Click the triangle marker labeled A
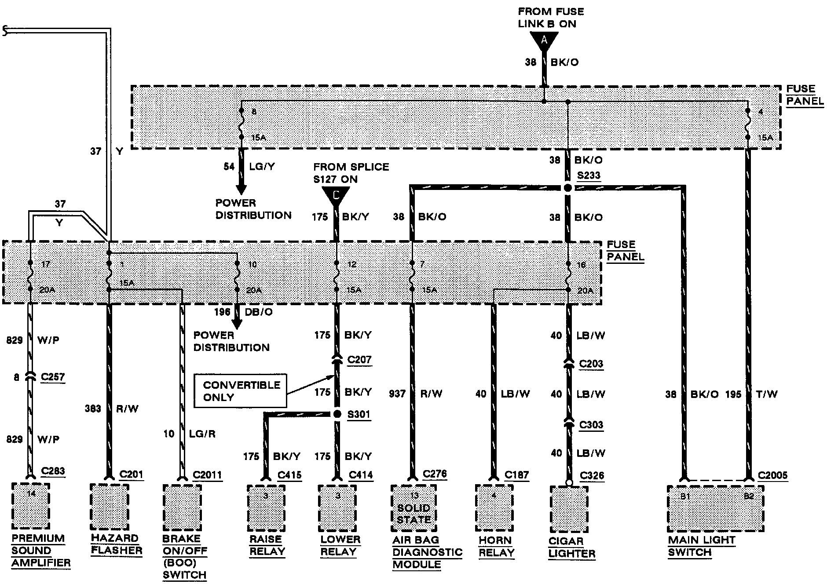pos(544,41)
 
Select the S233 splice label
pos(589,175)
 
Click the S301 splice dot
pos(337,414)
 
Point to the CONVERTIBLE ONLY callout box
pos(240,391)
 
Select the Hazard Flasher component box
pos(109,507)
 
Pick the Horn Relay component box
pos(494,508)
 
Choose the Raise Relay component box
pos(266,508)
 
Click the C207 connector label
pos(359,360)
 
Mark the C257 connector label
pos(52,377)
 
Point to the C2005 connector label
pos(773,476)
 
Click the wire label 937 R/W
pos(415,394)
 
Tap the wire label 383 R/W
pos(111,409)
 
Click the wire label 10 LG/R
pos(189,434)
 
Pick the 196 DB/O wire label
pos(243,312)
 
